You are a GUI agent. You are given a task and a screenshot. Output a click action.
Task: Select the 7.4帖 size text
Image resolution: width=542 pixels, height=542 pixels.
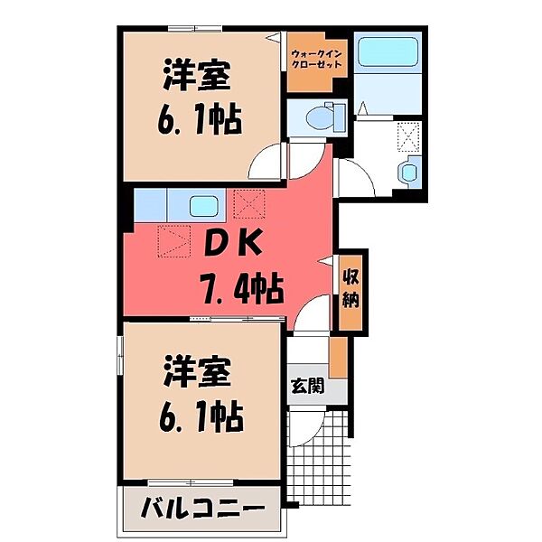(x=241, y=289)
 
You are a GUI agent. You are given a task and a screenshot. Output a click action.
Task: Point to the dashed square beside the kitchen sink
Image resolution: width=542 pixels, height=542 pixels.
(x=246, y=203)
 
